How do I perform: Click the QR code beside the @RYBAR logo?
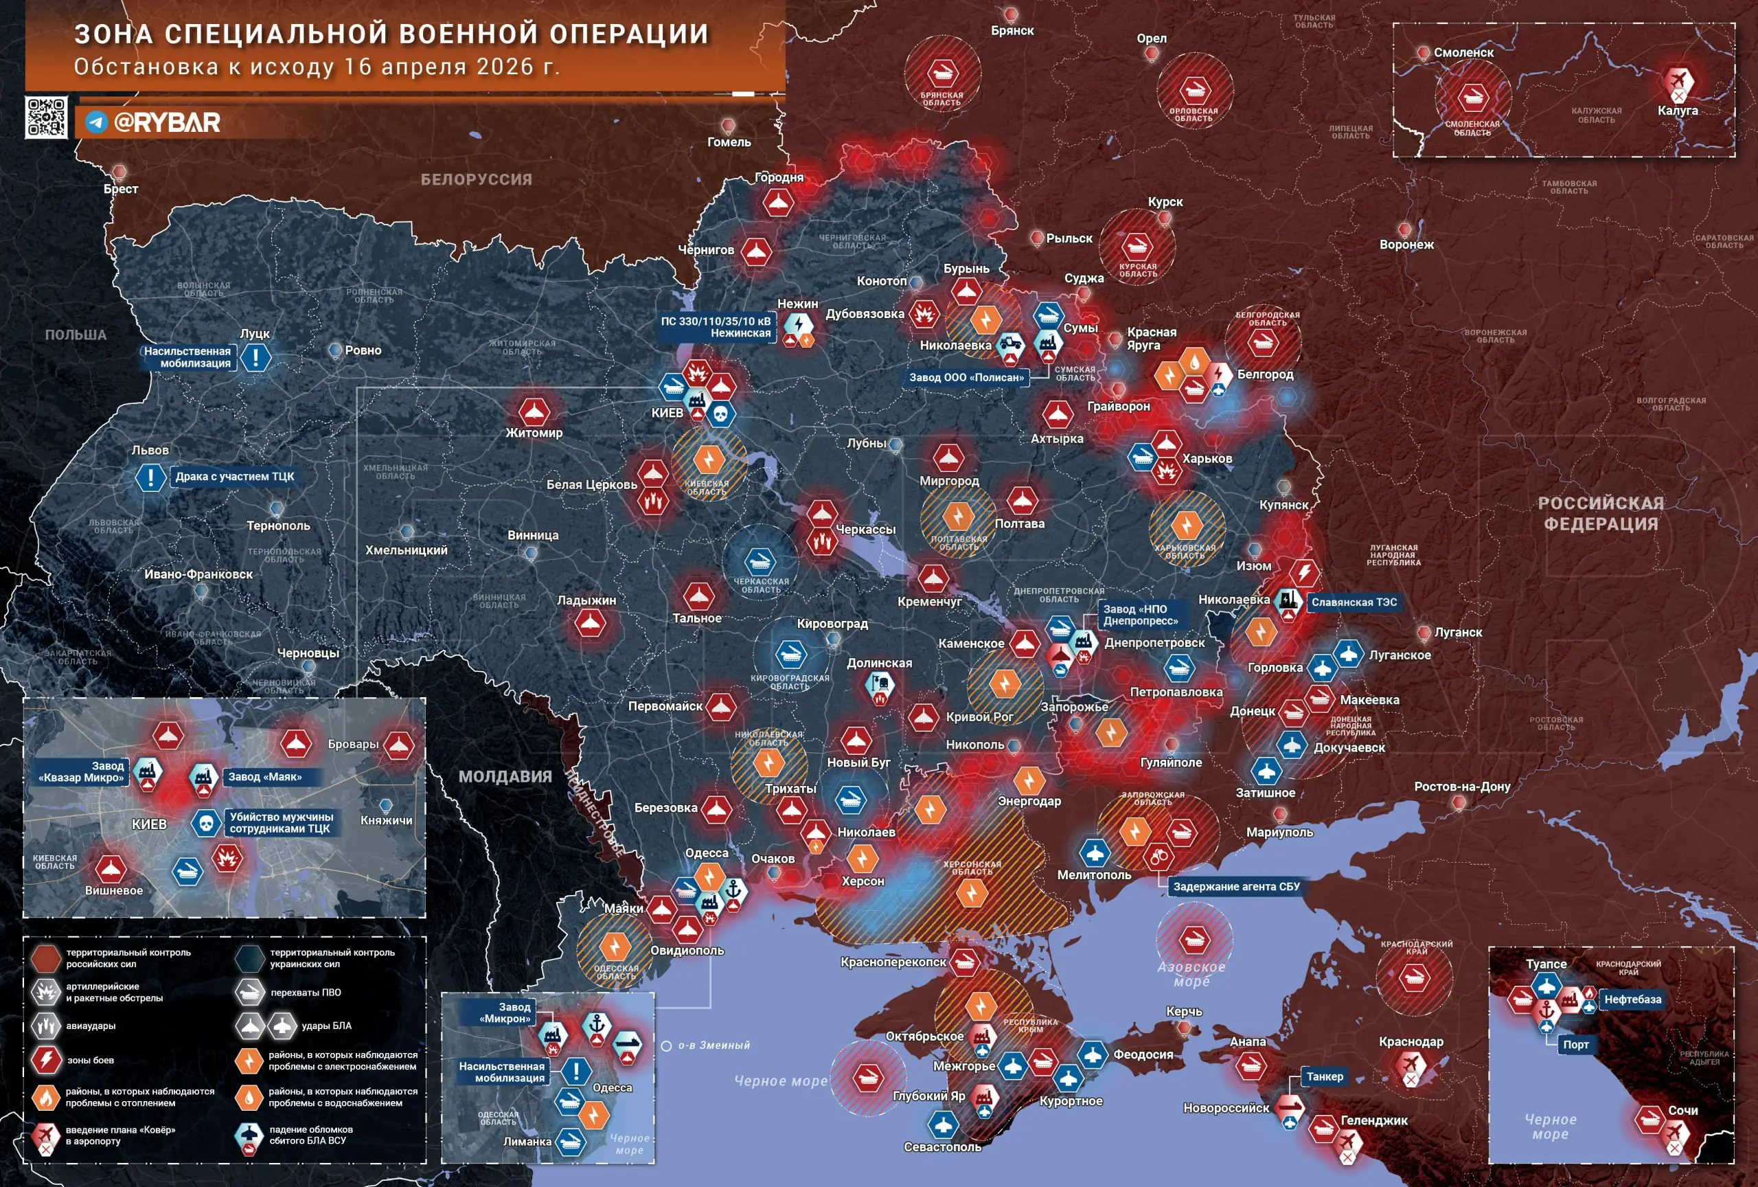click(46, 117)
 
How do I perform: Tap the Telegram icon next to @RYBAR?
click(96, 122)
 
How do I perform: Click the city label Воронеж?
click(1406, 245)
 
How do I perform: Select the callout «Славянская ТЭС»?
click(1354, 602)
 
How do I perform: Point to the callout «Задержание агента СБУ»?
click(1236, 887)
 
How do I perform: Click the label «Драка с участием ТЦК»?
click(234, 477)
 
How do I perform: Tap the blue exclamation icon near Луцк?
click(255, 357)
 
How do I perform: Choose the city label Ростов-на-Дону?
click(1461, 787)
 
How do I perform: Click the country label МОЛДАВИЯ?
click(505, 777)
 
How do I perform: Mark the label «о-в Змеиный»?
click(714, 1045)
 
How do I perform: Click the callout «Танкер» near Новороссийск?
click(1325, 1076)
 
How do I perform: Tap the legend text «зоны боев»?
click(90, 1061)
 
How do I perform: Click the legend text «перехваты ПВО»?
click(306, 993)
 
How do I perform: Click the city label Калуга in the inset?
click(1677, 111)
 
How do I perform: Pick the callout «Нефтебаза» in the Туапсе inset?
click(1632, 999)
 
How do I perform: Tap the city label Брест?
click(121, 189)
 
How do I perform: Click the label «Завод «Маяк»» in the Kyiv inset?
click(265, 777)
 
